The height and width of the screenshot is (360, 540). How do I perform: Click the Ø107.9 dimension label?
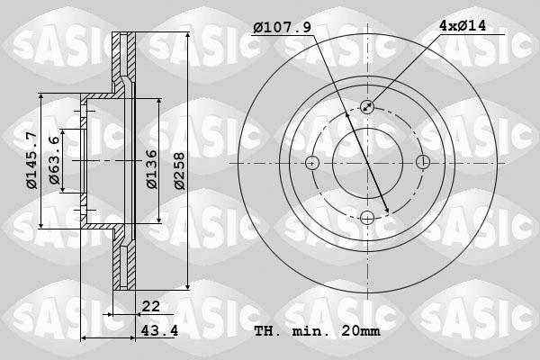[x=282, y=28]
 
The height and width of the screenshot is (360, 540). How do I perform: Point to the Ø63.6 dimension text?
[x=56, y=161]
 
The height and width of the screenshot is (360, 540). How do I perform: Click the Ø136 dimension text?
[x=153, y=168]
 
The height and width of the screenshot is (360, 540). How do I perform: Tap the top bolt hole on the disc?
[x=367, y=107]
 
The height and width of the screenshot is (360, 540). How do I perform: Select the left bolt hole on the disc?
[x=312, y=163]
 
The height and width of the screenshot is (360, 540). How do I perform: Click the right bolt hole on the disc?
[x=422, y=163]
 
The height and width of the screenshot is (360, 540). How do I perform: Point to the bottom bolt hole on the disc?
[x=367, y=217]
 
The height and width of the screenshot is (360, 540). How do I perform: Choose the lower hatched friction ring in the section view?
[x=125, y=263]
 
